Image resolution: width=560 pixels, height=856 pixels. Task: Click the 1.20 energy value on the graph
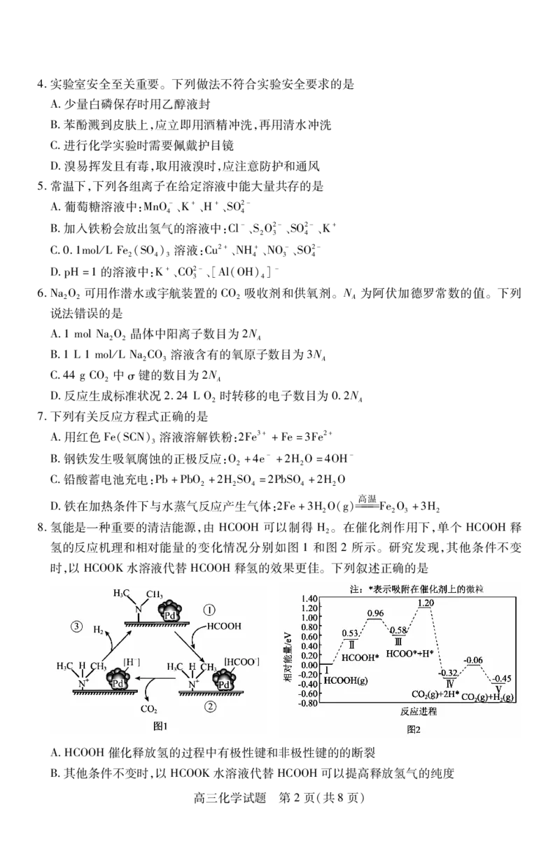pos(426,603)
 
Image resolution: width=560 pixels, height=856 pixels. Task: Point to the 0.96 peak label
pos(375,613)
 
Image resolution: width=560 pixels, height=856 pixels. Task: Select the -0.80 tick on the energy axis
pos(309,703)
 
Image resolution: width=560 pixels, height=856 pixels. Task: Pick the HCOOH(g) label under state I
pos(346,680)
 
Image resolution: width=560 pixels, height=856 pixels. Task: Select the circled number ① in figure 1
pos(209,610)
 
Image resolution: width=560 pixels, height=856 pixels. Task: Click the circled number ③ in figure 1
pos(77,626)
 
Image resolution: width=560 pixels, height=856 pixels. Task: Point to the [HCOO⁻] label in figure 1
pos(241,661)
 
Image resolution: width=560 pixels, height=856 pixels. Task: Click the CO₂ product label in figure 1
pos(148,709)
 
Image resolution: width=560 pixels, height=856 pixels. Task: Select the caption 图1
pos(160,726)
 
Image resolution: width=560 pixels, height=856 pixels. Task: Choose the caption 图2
pos(414,729)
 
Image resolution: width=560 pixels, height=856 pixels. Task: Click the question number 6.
pos(41,293)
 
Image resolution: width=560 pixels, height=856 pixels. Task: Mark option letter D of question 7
pos(55,507)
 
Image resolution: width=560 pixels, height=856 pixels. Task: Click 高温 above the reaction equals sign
pos(367,498)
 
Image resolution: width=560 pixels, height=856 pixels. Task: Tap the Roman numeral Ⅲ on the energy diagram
pos(398,642)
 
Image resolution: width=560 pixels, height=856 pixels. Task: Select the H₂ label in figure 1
pos(99,629)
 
